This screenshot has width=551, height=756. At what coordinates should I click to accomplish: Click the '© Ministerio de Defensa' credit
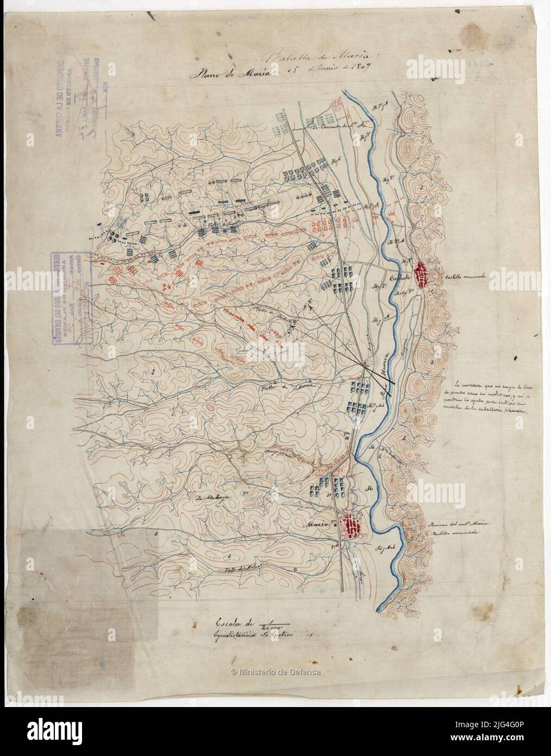point(275,672)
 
